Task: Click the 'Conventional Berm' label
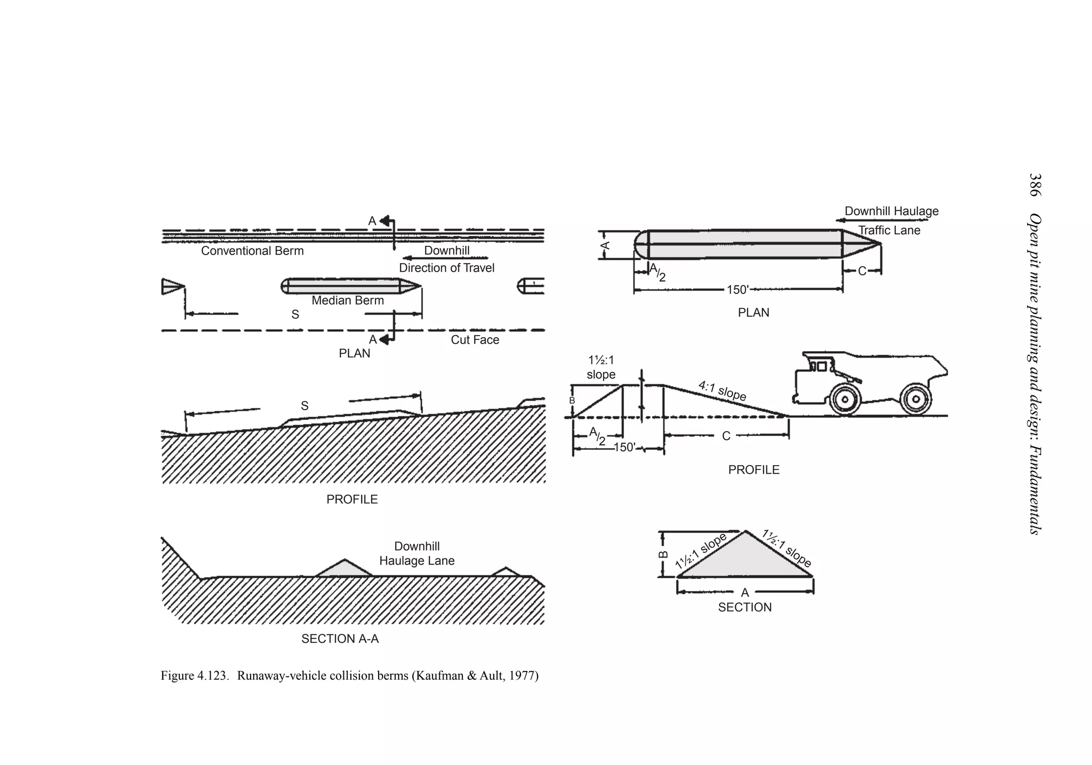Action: tap(252, 251)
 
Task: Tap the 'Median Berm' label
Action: tap(348, 300)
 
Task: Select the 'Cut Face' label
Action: tap(475, 340)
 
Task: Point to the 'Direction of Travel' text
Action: tap(446, 268)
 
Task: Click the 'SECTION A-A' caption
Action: tap(340, 639)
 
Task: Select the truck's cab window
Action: tap(822, 366)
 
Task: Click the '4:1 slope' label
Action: tap(722, 391)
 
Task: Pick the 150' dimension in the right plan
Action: tap(737, 290)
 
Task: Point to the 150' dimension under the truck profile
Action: tap(624, 448)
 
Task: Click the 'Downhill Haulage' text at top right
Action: tap(892, 211)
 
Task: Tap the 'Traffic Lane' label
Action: tap(889, 230)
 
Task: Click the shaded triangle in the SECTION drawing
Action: tap(745, 560)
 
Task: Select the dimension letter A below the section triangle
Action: tap(745, 593)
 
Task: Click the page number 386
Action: tap(1035, 185)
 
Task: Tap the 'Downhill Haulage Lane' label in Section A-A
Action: tap(416, 553)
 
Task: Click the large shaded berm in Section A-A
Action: tap(344, 569)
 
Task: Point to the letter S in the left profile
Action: tap(304, 406)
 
